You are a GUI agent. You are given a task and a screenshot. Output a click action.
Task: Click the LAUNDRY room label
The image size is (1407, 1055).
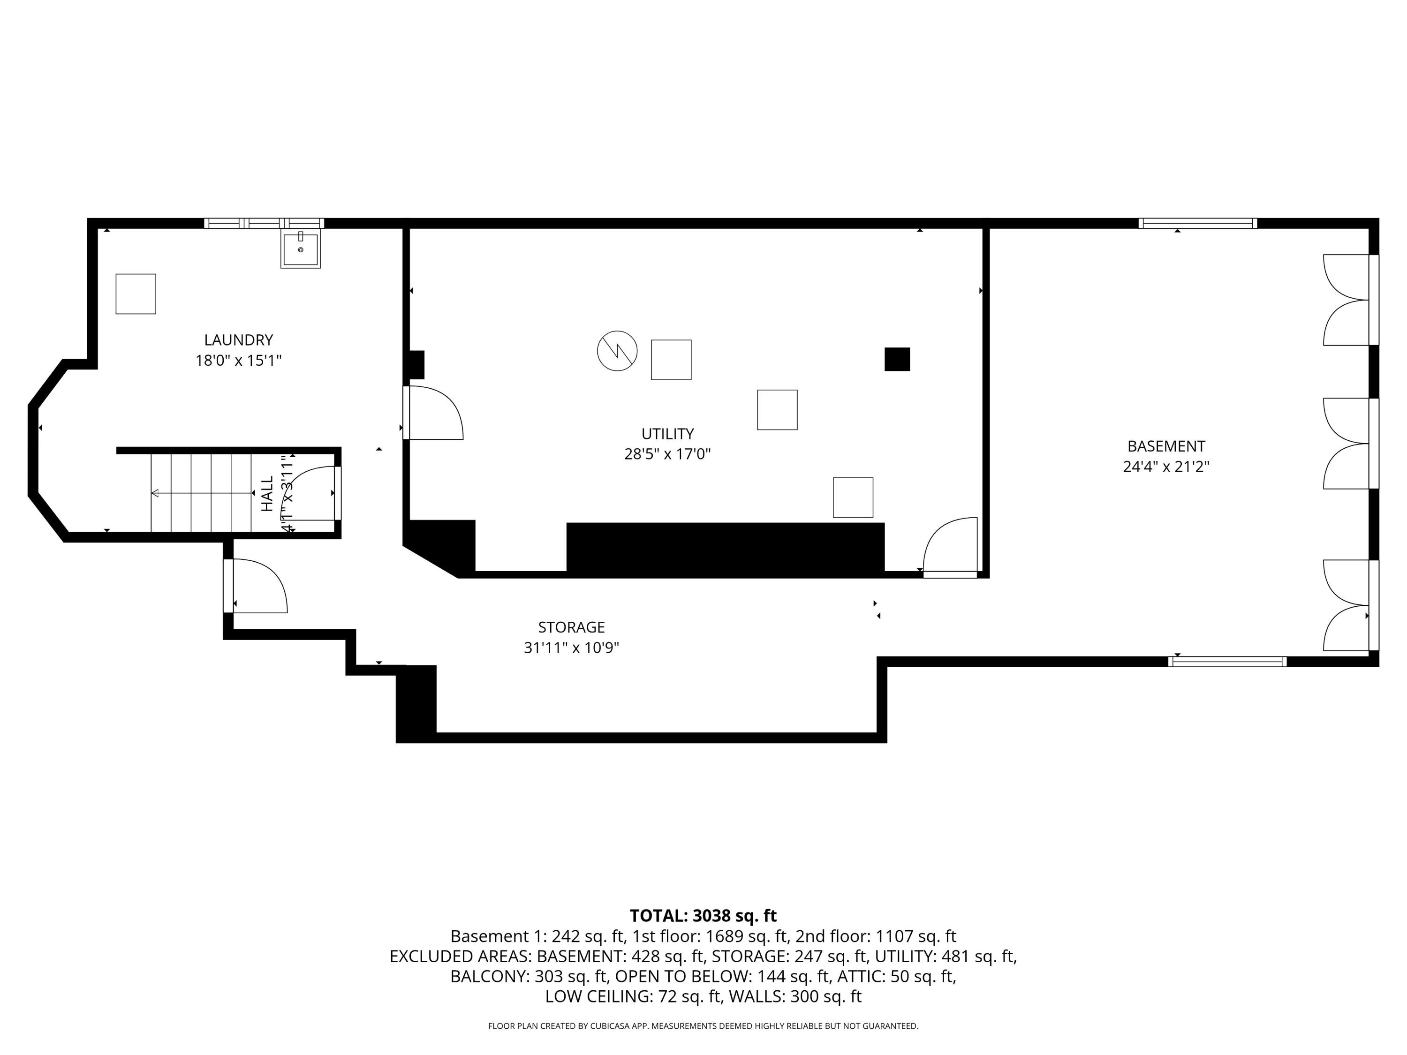point(239,340)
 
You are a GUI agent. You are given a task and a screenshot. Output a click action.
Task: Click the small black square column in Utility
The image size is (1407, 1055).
point(897,359)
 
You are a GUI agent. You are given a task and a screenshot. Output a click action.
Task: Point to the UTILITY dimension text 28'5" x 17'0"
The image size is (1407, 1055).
point(667,454)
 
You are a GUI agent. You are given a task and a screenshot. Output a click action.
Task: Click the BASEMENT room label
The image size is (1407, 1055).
point(1166,446)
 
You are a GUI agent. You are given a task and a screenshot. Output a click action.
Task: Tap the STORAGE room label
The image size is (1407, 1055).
point(571,628)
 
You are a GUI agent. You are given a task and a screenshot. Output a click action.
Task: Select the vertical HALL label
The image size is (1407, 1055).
point(268,493)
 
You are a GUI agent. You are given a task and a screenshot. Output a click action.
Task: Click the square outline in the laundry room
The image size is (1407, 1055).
point(136,294)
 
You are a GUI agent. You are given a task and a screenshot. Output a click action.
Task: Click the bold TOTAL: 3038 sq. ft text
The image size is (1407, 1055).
point(703,916)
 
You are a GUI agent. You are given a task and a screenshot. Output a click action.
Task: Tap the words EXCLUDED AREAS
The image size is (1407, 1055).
point(461,957)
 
